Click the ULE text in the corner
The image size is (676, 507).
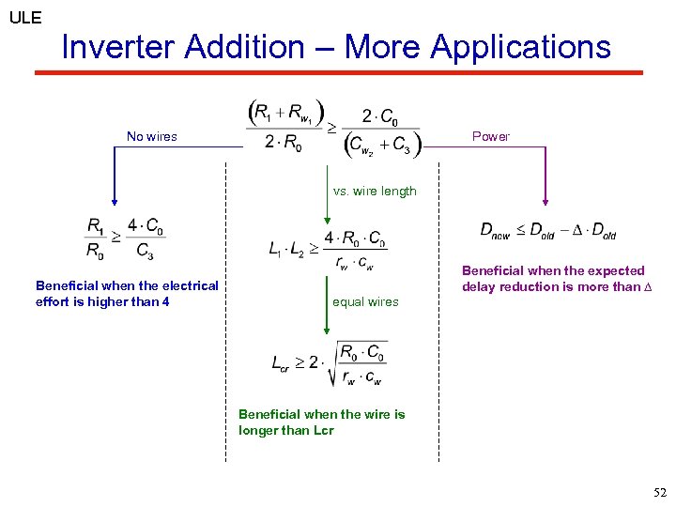[x=25, y=17]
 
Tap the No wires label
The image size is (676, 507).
[x=152, y=137]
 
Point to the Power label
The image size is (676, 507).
[x=490, y=137]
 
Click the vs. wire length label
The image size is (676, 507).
[x=375, y=192]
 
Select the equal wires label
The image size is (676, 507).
[x=365, y=301]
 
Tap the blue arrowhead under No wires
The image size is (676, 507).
[x=115, y=199]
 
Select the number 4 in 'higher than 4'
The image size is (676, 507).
[x=165, y=301]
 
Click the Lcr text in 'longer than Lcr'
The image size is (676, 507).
[x=320, y=430]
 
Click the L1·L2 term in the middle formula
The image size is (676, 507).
[x=287, y=250]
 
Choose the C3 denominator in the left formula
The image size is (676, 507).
[x=144, y=250]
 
